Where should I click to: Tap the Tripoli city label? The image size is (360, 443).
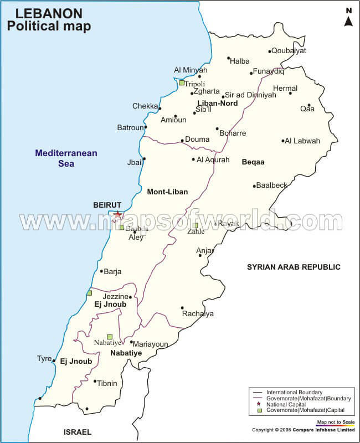click(194, 84)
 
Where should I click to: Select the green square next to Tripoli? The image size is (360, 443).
click(182, 83)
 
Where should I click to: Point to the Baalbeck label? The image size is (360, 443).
click(272, 185)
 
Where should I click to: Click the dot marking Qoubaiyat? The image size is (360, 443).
click(270, 51)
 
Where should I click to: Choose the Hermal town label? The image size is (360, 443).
click(285, 88)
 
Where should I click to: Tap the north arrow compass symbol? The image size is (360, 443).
click(348, 18)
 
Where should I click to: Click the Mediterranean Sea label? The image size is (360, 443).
click(66, 158)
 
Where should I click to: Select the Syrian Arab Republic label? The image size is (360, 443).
click(294, 267)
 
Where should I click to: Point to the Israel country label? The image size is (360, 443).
click(78, 432)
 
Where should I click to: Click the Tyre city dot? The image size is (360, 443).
click(54, 361)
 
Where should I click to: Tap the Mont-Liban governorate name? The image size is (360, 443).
click(167, 192)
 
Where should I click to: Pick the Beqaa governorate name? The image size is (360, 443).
click(253, 162)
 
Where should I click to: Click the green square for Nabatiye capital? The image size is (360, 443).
click(110, 337)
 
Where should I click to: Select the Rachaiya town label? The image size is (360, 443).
click(198, 314)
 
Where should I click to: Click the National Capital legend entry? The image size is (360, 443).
click(286, 405)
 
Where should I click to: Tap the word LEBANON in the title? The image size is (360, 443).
click(40, 13)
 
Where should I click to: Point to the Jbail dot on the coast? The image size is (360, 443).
click(144, 159)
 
